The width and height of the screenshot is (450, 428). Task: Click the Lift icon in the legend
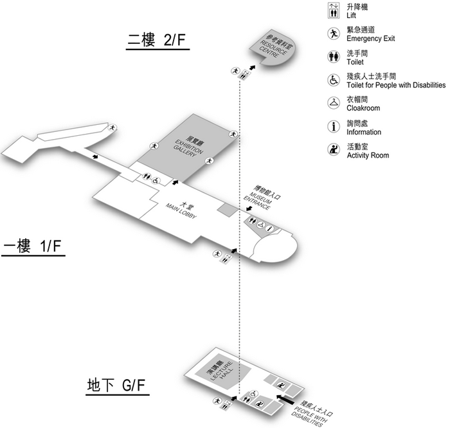click(334, 10)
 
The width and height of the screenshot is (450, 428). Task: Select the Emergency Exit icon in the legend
click(334, 33)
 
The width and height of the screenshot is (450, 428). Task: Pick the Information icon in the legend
click(334, 127)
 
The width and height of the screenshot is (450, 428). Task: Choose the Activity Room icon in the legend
click(334, 150)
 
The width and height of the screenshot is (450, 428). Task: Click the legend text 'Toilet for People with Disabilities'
click(396, 85)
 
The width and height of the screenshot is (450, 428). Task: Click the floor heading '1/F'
click(50, 247)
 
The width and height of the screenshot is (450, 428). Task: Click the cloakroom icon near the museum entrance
click(260, 225)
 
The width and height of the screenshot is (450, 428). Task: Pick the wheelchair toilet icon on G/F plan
click(255, 393)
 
